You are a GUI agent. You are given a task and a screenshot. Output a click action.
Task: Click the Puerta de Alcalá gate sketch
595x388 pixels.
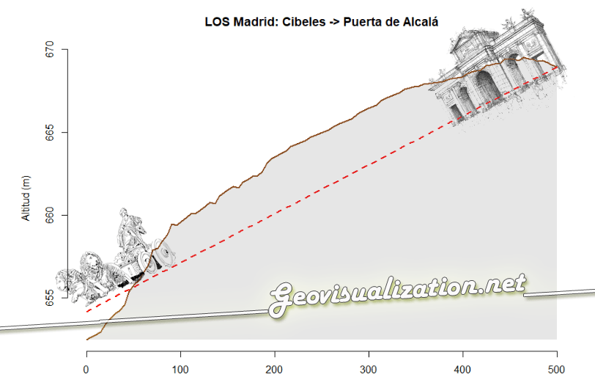(x=498, y=70)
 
